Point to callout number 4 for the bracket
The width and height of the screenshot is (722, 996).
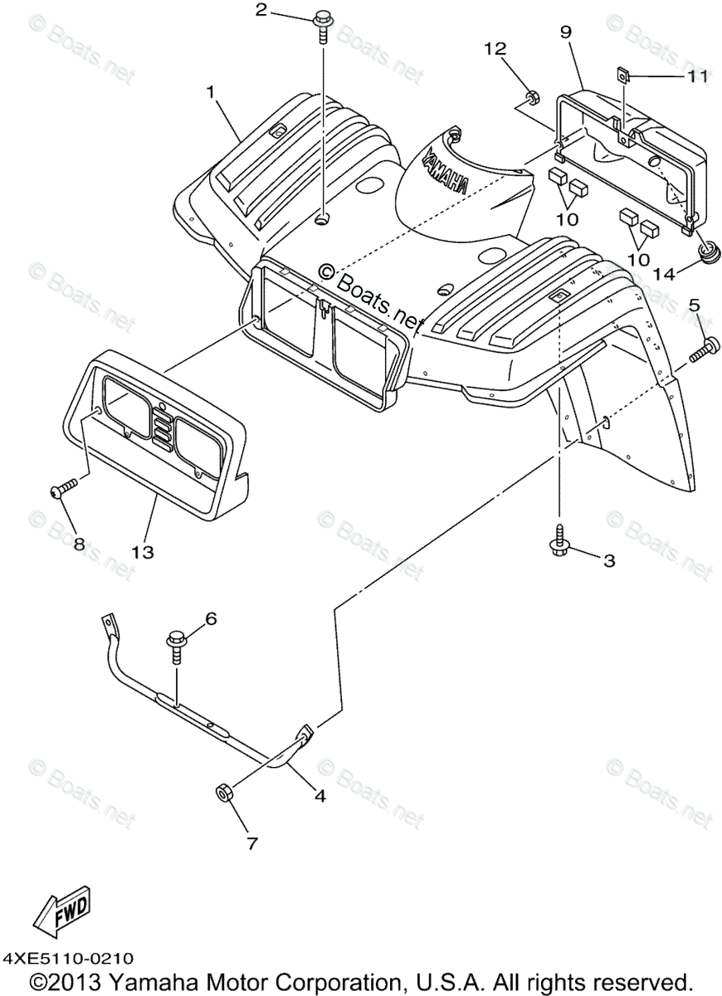[320, 795]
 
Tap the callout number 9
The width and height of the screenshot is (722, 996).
[566, 33]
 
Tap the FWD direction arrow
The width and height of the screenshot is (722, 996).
[61, 914]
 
